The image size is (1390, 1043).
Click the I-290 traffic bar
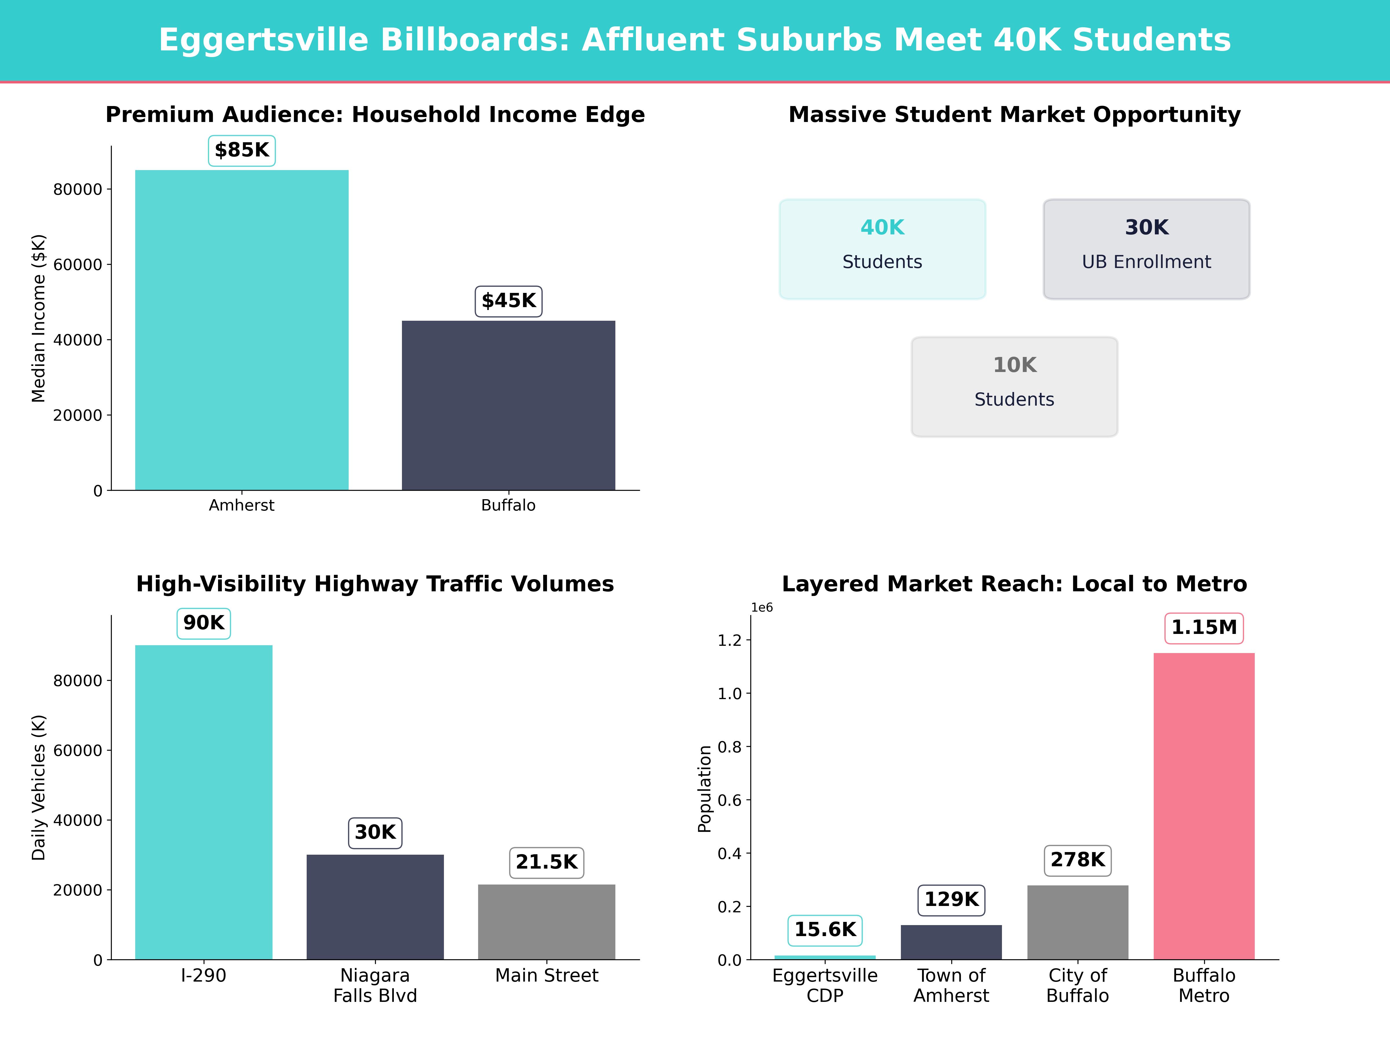(x=204, y=802)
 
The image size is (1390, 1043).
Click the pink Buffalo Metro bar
(x=1204, y=806)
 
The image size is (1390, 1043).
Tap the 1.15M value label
(x=1204, y=628)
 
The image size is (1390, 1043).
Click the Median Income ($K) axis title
(x=39, y=318)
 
